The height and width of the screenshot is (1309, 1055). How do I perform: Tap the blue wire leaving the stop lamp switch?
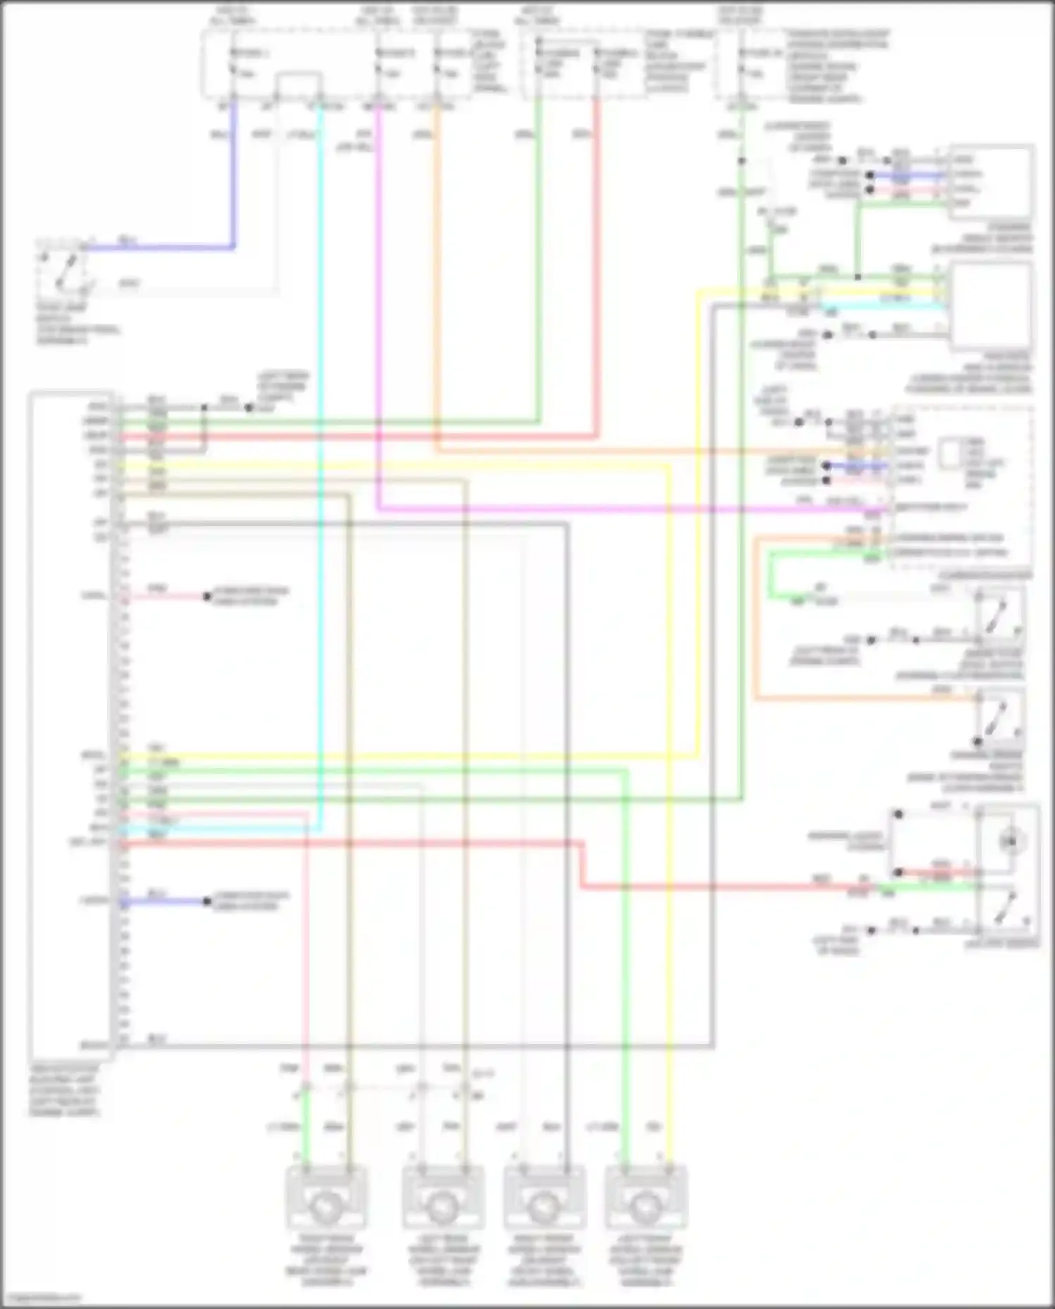tap(162, 247)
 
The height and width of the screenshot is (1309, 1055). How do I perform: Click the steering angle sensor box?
tap(992, 180)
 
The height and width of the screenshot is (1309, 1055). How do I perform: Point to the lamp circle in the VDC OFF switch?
tap(1011, 841)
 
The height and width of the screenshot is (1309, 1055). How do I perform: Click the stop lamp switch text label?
tap(77, 324)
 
